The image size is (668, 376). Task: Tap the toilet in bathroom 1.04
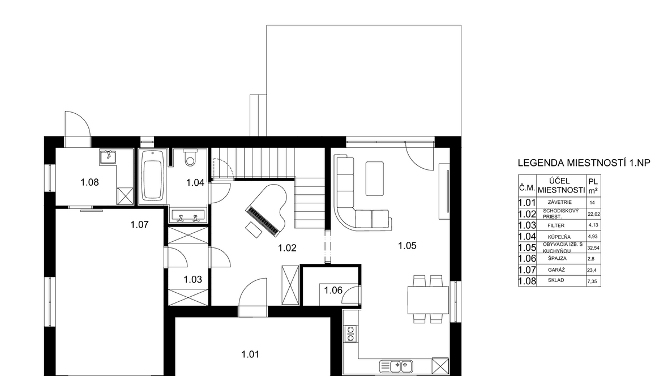190,158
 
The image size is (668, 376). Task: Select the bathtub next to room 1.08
152,176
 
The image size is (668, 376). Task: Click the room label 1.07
139,225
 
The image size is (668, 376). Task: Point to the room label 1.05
407,246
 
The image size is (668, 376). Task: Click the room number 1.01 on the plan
250,354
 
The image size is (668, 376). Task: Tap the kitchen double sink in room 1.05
396,366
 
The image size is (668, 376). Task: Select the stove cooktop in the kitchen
350,334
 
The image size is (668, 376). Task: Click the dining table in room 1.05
428,300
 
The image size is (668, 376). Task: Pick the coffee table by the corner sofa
374,178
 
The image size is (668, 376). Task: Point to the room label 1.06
333,290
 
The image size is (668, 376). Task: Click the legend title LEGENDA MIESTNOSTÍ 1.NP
584,163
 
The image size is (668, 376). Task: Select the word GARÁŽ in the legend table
556,270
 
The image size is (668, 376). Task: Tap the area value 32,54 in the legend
593,247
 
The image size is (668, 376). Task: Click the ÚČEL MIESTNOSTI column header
561,185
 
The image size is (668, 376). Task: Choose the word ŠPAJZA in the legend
558,258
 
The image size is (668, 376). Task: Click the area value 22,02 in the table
593,214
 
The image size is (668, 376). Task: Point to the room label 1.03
192,280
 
